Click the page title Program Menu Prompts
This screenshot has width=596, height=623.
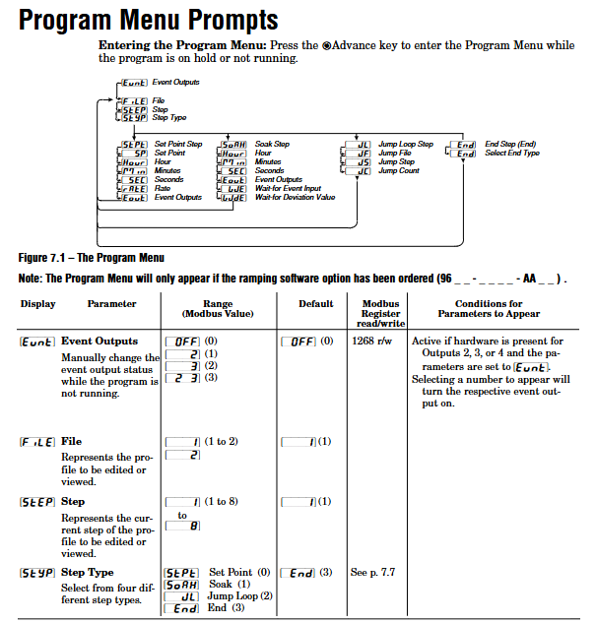click(x=149, y=19)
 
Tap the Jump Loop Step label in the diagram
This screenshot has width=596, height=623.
click(x=405, y=145)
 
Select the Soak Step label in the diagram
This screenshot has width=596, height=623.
click(x=272, y=145)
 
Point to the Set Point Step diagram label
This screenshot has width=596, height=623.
click(x=178, y=145)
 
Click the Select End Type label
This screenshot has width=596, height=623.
click(x=512, y=154)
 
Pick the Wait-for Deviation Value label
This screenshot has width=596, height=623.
click(x=295, y=197)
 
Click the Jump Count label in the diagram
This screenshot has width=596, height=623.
click(x=399, y=171)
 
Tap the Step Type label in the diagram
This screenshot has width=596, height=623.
click(x=169, y=117)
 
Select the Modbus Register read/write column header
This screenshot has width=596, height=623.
click(x=380, y=313)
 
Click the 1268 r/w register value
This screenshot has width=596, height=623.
click(x=368, y=341)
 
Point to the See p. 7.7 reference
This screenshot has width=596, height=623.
click(x=373, y=572)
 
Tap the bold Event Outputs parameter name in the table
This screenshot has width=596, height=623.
click(x=99, y=341)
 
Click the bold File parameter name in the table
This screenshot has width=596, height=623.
click(x=70, y=442)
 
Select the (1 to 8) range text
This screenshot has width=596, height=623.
click(x=222, y=501)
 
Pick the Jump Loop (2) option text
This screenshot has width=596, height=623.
click(x=239, y=595)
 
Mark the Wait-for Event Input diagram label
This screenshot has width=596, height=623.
click(x=288, y=188)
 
